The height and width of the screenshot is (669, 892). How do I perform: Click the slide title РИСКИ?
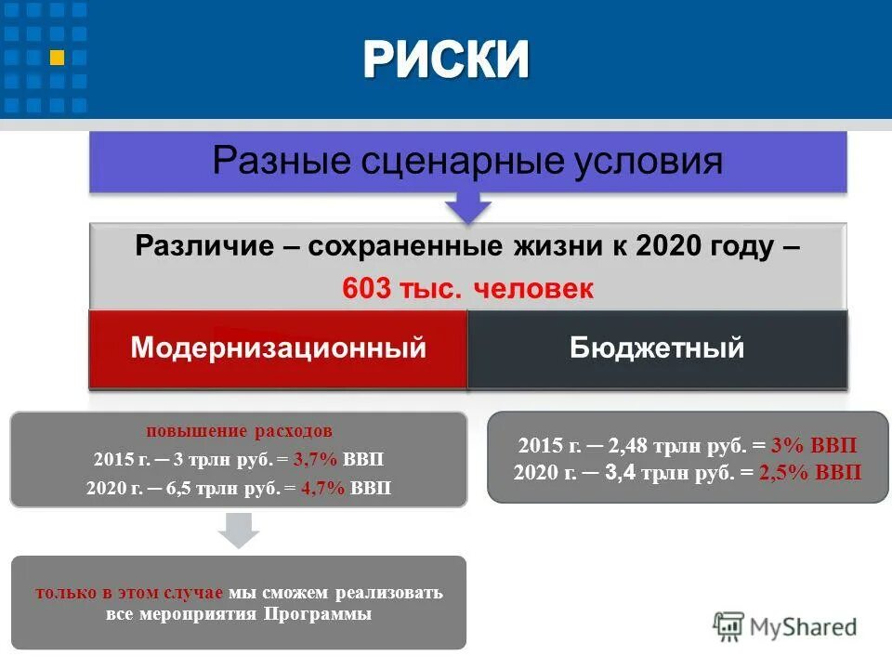[x=446, y=60]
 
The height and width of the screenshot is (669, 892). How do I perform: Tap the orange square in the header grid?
[x=57, y=58]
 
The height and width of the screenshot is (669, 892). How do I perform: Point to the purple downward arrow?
[x=468, y=207]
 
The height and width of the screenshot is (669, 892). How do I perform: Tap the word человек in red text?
[x=533, y=289]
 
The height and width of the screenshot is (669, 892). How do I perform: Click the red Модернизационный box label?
[x=279, y=348]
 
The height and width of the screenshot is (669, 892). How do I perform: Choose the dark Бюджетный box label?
[x=657, y=348]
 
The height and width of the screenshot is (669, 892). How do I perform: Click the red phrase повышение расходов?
[x=239, y=432]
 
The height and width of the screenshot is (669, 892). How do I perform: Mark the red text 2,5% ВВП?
[x=810, y=473]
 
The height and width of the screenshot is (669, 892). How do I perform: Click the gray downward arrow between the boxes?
[x=238, y=531]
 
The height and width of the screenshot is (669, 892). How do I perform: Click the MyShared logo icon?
[x=728, y=625]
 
